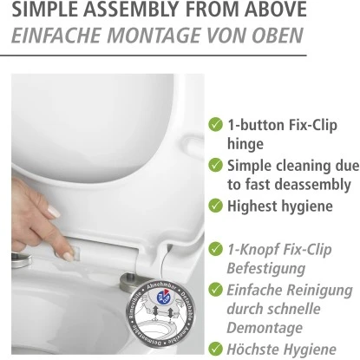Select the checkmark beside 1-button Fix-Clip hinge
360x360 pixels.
click(215, 125)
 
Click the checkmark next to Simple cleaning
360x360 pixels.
click(215, 165)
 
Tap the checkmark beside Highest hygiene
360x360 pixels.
click(215, 206)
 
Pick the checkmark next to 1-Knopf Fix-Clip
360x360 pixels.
click(215, 248)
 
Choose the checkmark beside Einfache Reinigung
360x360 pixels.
click(215, 290)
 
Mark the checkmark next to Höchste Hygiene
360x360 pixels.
click(215, 349)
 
